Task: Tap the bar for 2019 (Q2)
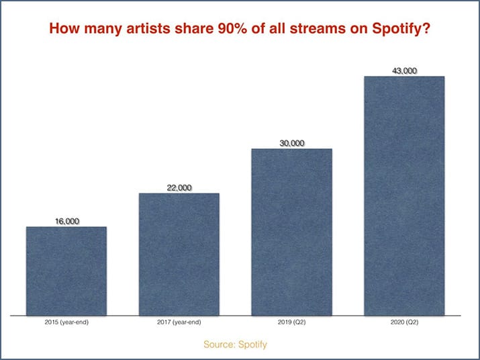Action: [291, 232]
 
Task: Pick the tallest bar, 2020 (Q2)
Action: [404, 195]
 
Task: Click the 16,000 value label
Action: [66, 220]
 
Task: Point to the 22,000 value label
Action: [179, 187]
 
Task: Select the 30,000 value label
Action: [291, 142]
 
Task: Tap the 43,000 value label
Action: [404, 70]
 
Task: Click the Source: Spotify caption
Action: [240, 345]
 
